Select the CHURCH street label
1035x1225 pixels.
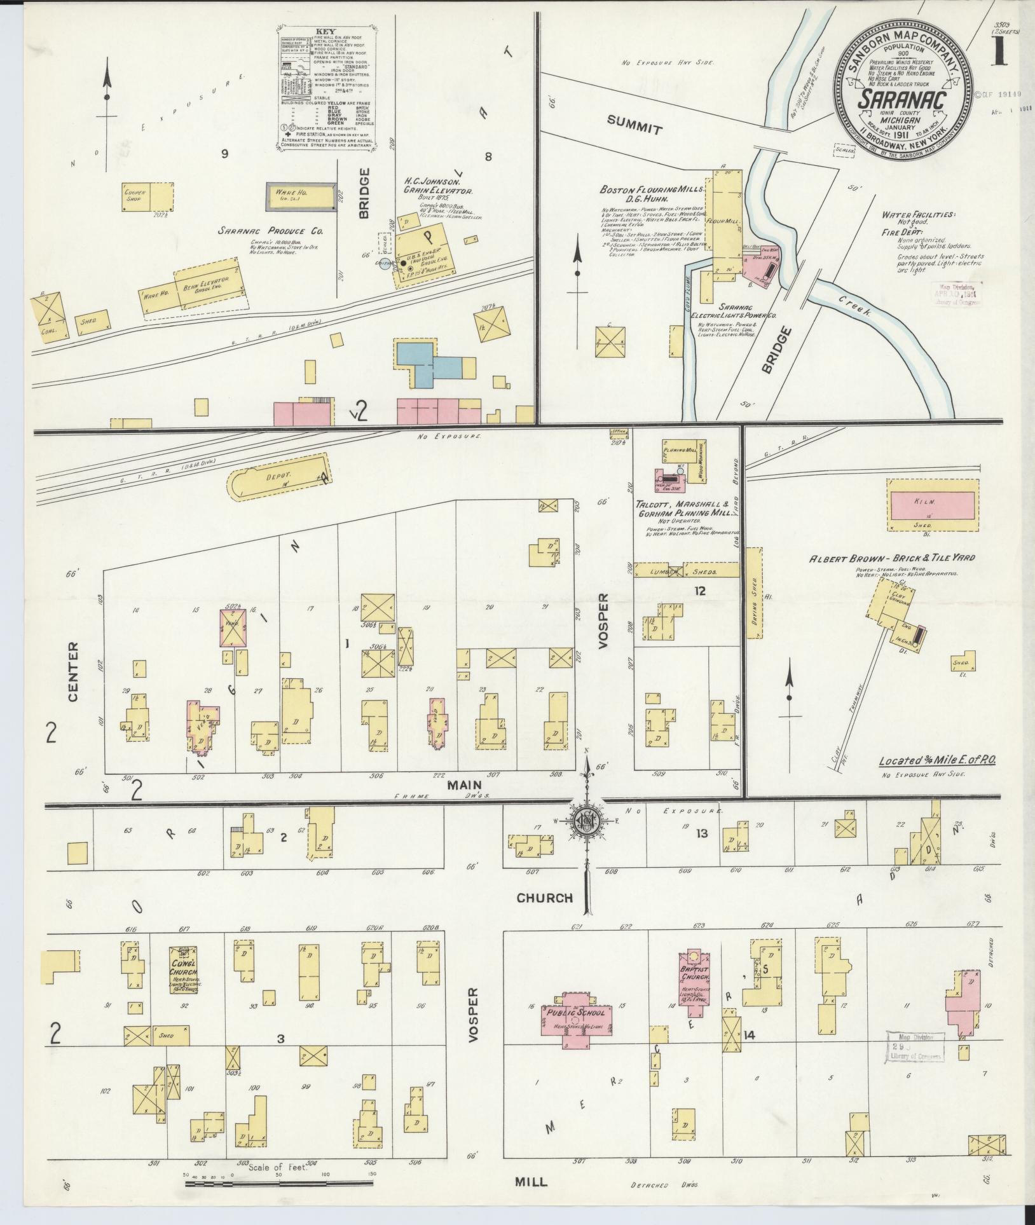pyautogui.click(x=545, y=898)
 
